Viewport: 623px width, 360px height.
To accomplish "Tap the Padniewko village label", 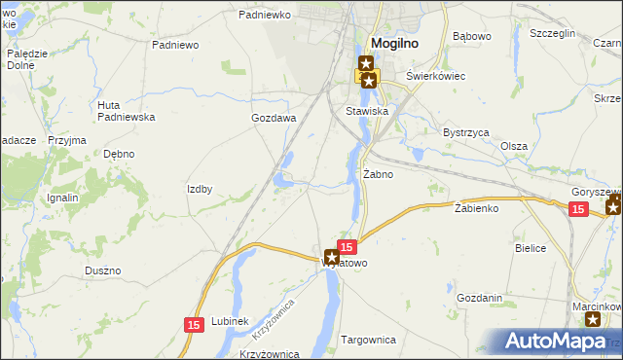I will pos(265,16).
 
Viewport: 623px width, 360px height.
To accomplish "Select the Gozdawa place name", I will pos(274,118).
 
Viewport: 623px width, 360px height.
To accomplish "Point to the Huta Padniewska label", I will pos(127,110).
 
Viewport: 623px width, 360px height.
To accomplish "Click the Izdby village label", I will pos(200,189).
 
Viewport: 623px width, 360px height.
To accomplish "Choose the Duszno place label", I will pos(102,270).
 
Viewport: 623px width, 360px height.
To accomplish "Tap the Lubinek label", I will pos(231,321).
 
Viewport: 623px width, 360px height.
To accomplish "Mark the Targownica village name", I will pos(369,340).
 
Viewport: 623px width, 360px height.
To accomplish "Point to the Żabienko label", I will pos(476,208).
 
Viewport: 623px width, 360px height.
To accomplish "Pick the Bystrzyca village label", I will pos(465,131).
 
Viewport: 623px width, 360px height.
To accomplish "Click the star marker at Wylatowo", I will pos(331,258).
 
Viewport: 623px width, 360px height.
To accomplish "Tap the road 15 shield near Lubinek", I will pos(193,324).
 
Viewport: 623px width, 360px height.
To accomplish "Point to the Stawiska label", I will pos(367,111).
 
